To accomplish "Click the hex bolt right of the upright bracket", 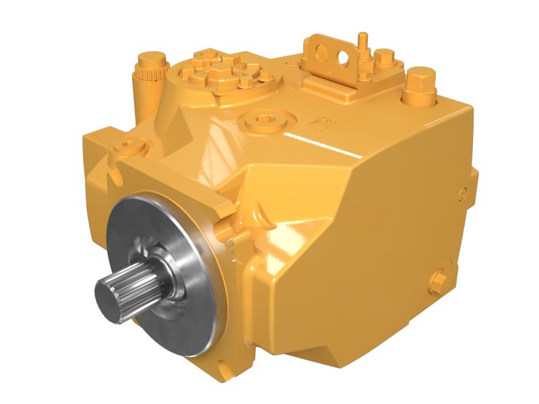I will [383, 59].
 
